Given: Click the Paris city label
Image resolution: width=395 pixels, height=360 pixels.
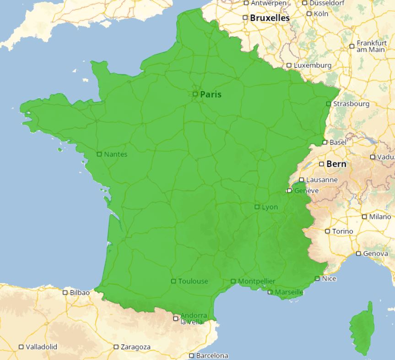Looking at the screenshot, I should point(211,94).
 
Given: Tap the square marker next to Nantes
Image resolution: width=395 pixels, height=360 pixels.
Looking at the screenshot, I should point(99,154).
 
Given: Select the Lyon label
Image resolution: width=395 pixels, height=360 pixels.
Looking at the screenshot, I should point(270,207).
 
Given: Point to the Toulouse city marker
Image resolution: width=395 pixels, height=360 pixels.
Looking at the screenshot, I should point(173,281).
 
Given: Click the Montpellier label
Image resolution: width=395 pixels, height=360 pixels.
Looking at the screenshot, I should point(257,281).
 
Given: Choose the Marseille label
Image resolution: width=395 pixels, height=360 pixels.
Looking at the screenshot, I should point(289,292).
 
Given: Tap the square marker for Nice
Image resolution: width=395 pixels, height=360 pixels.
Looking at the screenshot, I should point(318,278).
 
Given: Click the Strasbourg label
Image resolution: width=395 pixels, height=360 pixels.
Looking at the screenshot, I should point(351,104).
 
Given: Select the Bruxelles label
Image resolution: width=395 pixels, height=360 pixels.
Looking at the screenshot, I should point(270,18).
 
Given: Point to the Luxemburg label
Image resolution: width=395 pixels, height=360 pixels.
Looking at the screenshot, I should point(312,65).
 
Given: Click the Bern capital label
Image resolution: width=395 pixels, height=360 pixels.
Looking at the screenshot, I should point(336,164).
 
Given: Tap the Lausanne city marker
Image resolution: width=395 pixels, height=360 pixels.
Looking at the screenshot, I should point(302,180).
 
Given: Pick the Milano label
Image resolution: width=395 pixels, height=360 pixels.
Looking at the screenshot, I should point(380,217).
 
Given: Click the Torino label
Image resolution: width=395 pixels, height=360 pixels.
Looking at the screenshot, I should point(343,231).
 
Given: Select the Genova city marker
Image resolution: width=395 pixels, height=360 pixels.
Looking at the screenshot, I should point(359,254).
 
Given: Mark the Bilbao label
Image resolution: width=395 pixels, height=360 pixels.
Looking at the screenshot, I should point(80,292).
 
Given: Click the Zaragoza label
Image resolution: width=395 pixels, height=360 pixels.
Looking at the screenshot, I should point(135,347).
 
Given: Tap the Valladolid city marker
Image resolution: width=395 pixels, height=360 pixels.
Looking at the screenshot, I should point(21,347).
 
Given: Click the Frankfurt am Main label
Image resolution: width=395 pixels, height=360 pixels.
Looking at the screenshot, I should point(371,46).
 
